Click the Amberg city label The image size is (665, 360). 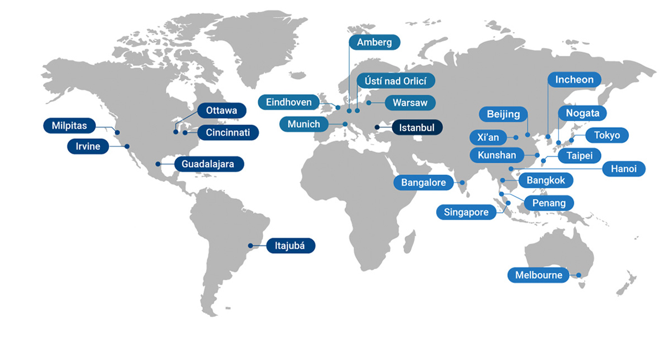click(374, 43)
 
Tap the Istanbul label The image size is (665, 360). click(417, 127)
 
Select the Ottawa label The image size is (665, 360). click(221, 110)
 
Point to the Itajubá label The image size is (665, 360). click(290, 245)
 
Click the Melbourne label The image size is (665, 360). click(538, 275)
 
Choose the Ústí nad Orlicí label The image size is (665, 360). click(396, 80)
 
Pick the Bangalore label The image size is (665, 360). click(423, 183)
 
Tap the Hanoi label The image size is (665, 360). click(623, 169)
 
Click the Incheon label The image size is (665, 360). click(574, 80)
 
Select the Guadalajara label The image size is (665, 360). click(208, 164)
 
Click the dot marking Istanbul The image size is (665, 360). click(377, 127)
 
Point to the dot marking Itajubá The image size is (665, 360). click(250, 245)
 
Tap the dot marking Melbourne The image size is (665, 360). click(578, 275)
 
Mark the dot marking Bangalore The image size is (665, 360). click(462, 182)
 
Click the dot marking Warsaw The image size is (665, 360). click(369, 103)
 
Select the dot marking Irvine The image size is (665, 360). click(127, 146)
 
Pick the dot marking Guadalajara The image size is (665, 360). click(158, 164)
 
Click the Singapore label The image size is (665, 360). click(466, 212)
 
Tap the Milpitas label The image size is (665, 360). click(69, 126)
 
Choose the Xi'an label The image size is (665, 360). click(488, 137)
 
